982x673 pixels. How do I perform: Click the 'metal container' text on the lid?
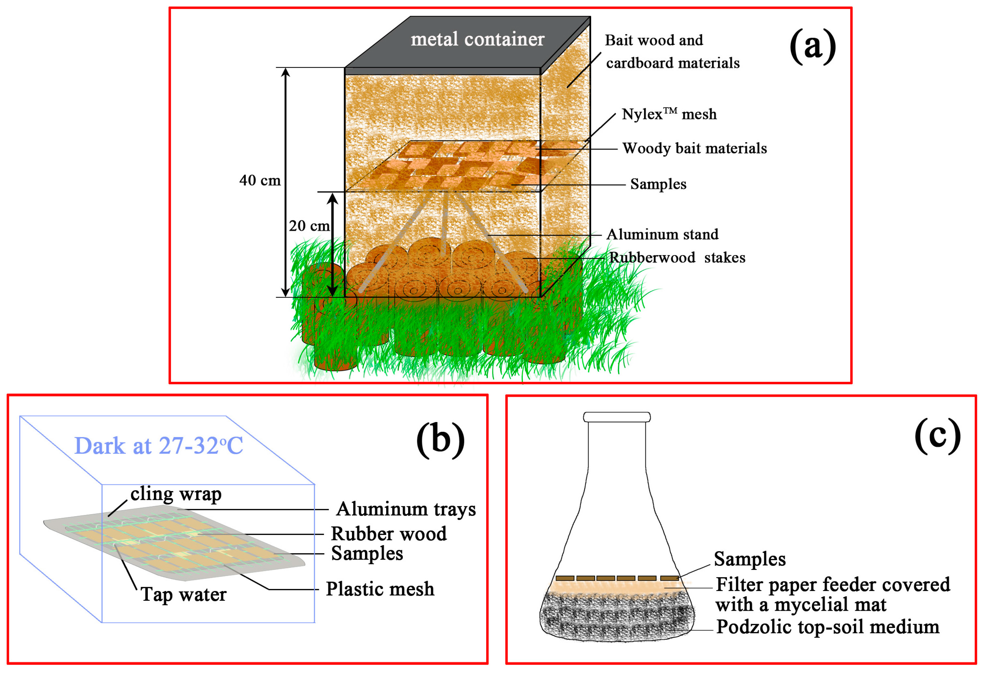coord(478,39)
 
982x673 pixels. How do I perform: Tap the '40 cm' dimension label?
coord(260,181)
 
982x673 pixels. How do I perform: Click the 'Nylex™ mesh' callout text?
coord(669,114)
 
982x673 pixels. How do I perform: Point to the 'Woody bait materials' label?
coord(694,148)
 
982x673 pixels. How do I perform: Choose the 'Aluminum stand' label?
coord(662,234)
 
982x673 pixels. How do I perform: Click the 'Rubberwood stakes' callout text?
coord(677,258)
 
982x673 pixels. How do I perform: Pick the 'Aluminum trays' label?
coord(406,509)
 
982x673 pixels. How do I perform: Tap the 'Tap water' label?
coord(183,594)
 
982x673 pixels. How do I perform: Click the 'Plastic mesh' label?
coord(380,589)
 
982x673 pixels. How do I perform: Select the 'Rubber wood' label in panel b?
coord(388,534)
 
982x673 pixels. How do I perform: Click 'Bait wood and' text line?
coord(654,40)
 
